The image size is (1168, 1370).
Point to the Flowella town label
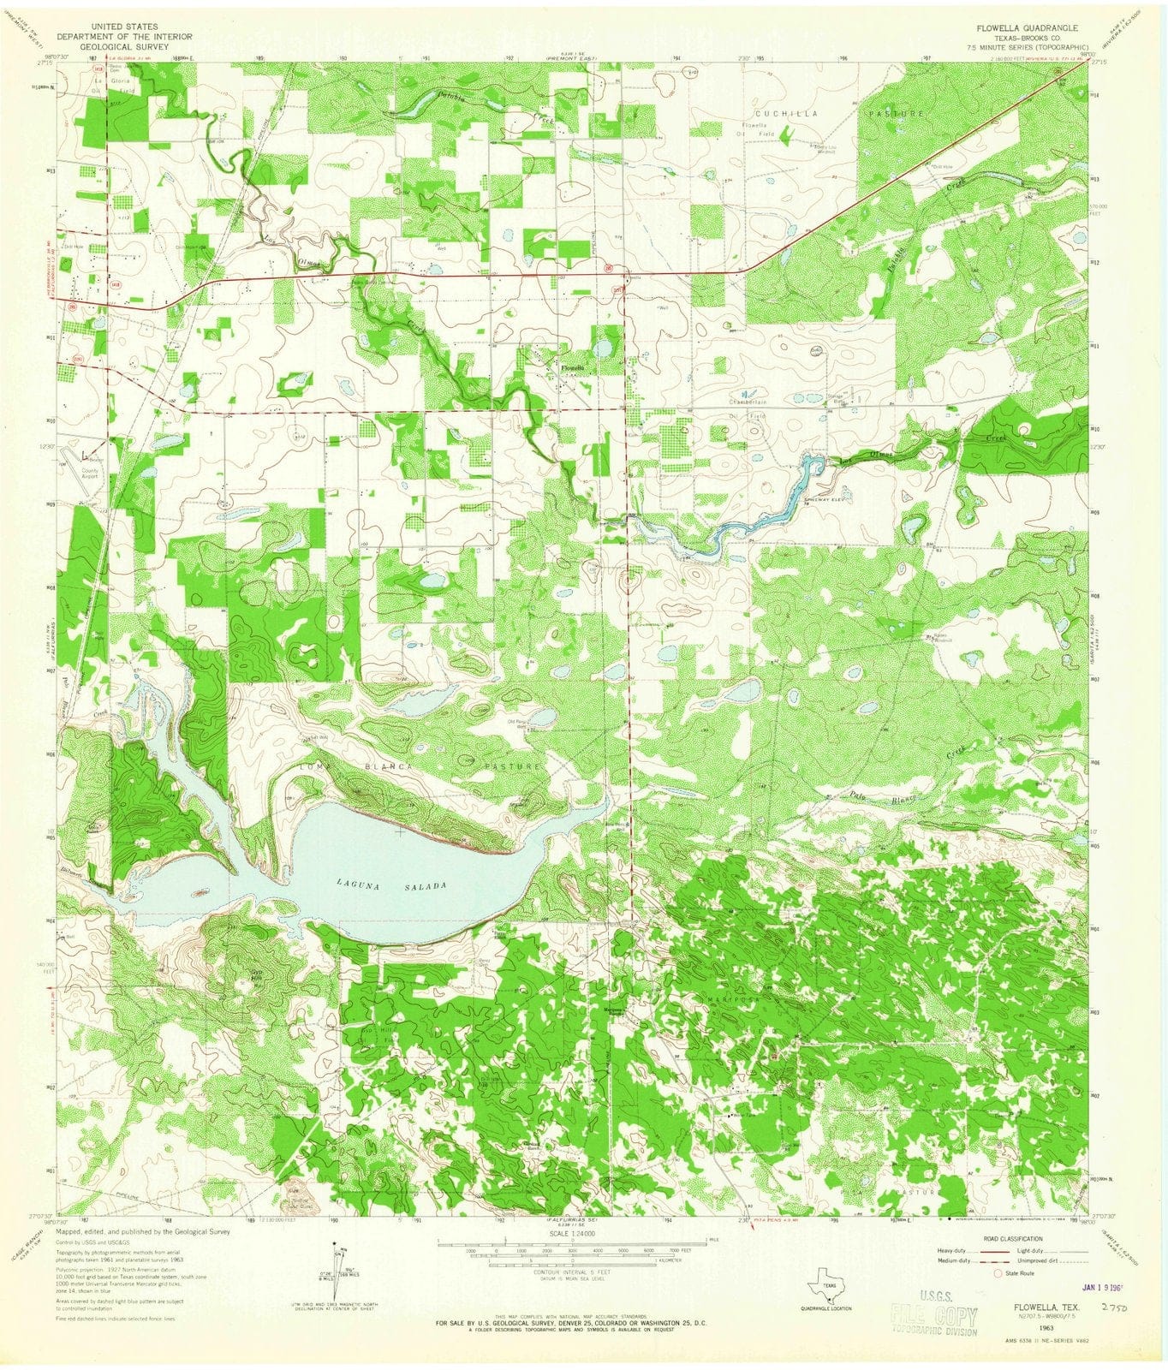[x=572, y=368]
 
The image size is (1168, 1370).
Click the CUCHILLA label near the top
[x=780, y=113]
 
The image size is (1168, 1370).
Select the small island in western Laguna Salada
[x=200, y=891]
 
